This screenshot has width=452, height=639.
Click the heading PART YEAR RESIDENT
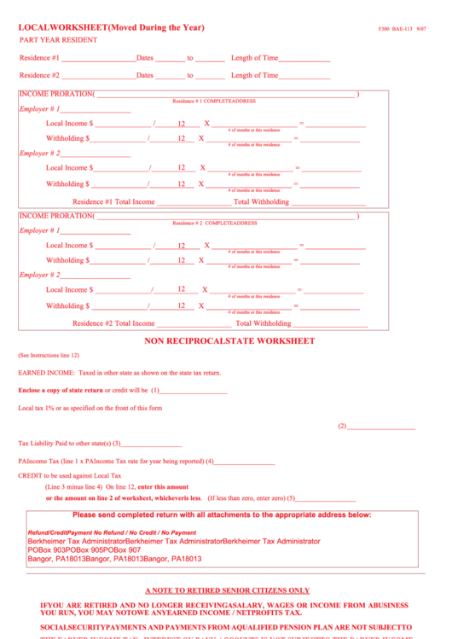58,40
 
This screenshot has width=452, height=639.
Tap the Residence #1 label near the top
39,58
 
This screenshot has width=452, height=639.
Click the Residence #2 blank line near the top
98,77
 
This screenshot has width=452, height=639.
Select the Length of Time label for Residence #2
254,75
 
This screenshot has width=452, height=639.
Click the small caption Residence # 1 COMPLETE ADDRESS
214,102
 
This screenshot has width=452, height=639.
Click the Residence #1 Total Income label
113,202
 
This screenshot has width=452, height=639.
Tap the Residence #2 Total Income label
113,324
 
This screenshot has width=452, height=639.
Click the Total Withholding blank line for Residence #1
328,204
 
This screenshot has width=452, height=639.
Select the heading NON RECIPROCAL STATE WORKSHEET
229,341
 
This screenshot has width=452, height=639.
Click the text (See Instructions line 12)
49,355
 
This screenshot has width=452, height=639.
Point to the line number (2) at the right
342,427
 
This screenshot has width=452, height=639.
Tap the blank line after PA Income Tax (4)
244,462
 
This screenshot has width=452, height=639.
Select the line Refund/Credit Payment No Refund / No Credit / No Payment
112,532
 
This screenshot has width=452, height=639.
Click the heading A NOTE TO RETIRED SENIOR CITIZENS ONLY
227,590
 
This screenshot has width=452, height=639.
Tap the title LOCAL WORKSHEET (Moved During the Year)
112,28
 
